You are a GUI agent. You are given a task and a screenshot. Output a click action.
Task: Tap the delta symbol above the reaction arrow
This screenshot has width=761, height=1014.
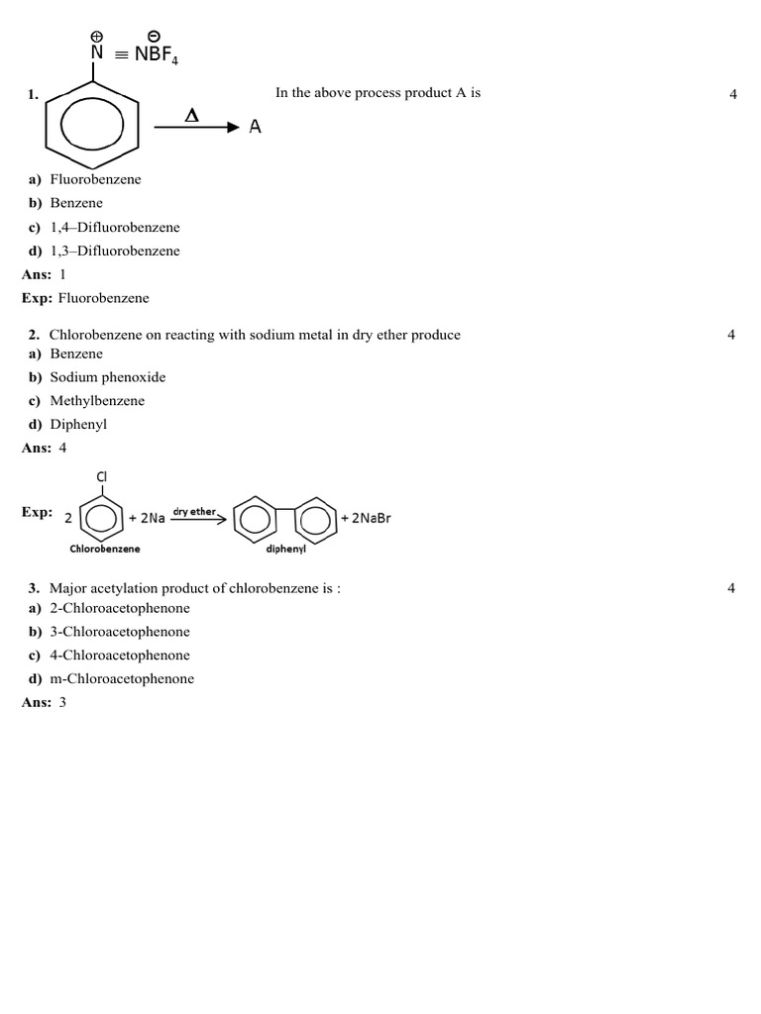pyautogui.click(x=192, y=116)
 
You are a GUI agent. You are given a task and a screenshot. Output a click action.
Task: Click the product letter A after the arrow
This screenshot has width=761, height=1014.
pyautogui.click(x=256, y=127)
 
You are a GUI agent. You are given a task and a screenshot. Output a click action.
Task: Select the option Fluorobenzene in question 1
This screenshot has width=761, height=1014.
pyautogui.click(x=95, y=179)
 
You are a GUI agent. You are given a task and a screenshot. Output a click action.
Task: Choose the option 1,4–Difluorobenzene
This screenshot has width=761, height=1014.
pyautogui.click(x=115, y=227)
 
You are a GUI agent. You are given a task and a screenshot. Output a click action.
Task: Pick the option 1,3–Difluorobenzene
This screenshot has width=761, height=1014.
pyautogui.click(x=115, y=251)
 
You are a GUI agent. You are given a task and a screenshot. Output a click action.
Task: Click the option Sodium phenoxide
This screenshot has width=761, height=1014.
pyautogui.click(x=108, y=377)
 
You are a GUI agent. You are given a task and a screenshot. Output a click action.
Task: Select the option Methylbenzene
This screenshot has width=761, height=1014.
pyautogui.click(x=97, y=401)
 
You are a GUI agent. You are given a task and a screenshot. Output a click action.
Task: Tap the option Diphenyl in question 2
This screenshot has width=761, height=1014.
pyautogui.click(x=78, y=424)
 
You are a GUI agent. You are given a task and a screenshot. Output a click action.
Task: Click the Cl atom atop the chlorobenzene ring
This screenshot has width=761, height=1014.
pyautogui.click(x=101, y=477)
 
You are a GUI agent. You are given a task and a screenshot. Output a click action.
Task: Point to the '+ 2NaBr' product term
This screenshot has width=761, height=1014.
pyautogui.click(x=366, y=518)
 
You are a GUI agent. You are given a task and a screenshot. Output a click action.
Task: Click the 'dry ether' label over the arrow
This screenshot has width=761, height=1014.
pyautogui.click(x=194, y=512)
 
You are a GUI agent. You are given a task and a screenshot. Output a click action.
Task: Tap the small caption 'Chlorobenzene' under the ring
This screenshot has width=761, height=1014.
pyautogui.click(x=105, y=548)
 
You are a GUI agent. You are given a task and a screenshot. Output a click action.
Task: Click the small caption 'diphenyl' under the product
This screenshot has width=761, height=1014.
pyautogui.click(x=285, y=549)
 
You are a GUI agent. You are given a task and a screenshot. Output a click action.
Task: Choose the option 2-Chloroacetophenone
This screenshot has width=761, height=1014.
pyautogui.click(x=120, y=608)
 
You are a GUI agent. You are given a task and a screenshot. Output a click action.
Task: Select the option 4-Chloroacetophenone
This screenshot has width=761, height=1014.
pyautogui.click(x=120, y=656)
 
